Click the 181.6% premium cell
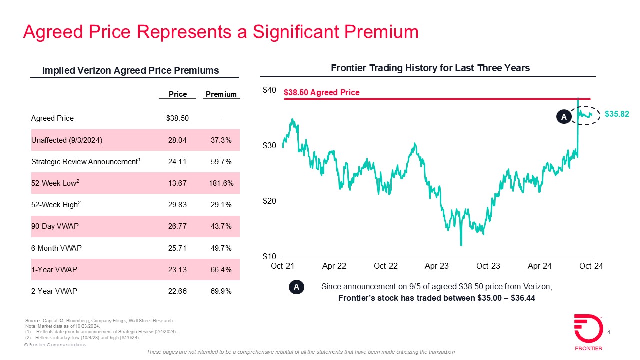(x=221, y=183)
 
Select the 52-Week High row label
(x=55, y=205)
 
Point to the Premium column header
(x=221, y=94)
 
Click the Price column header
(x=178, y=94)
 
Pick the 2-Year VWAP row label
(x=54, y=291)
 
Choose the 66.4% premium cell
(x=221, y=270)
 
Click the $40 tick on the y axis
(x=269, y=90)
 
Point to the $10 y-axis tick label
(x=269, y=257)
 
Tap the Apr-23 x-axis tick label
(x=437, y=266)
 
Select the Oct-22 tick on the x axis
(x=385, y=266)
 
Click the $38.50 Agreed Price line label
(x=321, y=92)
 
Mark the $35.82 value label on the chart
(x=617, y=114)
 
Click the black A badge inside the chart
(x=563, y=117)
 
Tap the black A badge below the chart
(x=296, y=287)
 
